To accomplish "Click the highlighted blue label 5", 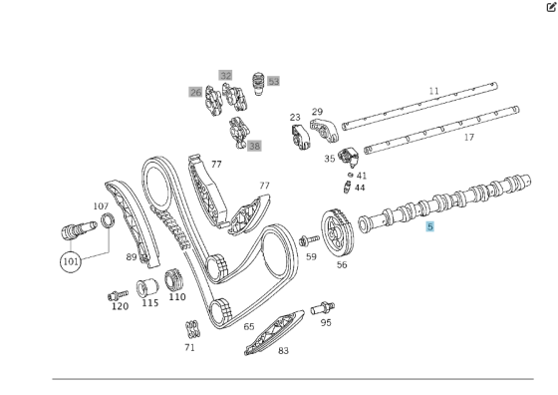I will pyautogui.click(x=429, y=227).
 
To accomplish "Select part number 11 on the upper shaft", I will pyautogui.click(x=433, y=91).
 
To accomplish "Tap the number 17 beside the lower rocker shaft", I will pyautogui.click(x=469, y=138).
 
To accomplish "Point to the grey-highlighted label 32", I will pyautogui.click(x=226, y=75).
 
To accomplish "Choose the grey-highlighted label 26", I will pyautogui.click(x=195, y=92).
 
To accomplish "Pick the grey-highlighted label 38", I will pyautogui.click(x=254, y=146).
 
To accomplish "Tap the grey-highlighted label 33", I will pyautogui.click(x=273, y=81).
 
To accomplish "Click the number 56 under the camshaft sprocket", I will pyautogui.click(x=342, y=264).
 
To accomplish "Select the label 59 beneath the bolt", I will pyautogui.click(x=311, y=256).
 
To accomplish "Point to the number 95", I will pyautogui.click(x=326, y=322).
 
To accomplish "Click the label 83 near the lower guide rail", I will pyautogui.click(x=283, y=350).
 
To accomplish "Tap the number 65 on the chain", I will pyautogui.click(x=249, y=326).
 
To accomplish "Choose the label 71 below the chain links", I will pyautogui.click(x=189, y=347).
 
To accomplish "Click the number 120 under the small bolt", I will pyautogui.click(x=120, y=306).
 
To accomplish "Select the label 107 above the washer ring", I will pyautogui.click(x=101, y=206).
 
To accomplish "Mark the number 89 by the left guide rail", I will pyautogui.click(x=131, y=256).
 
